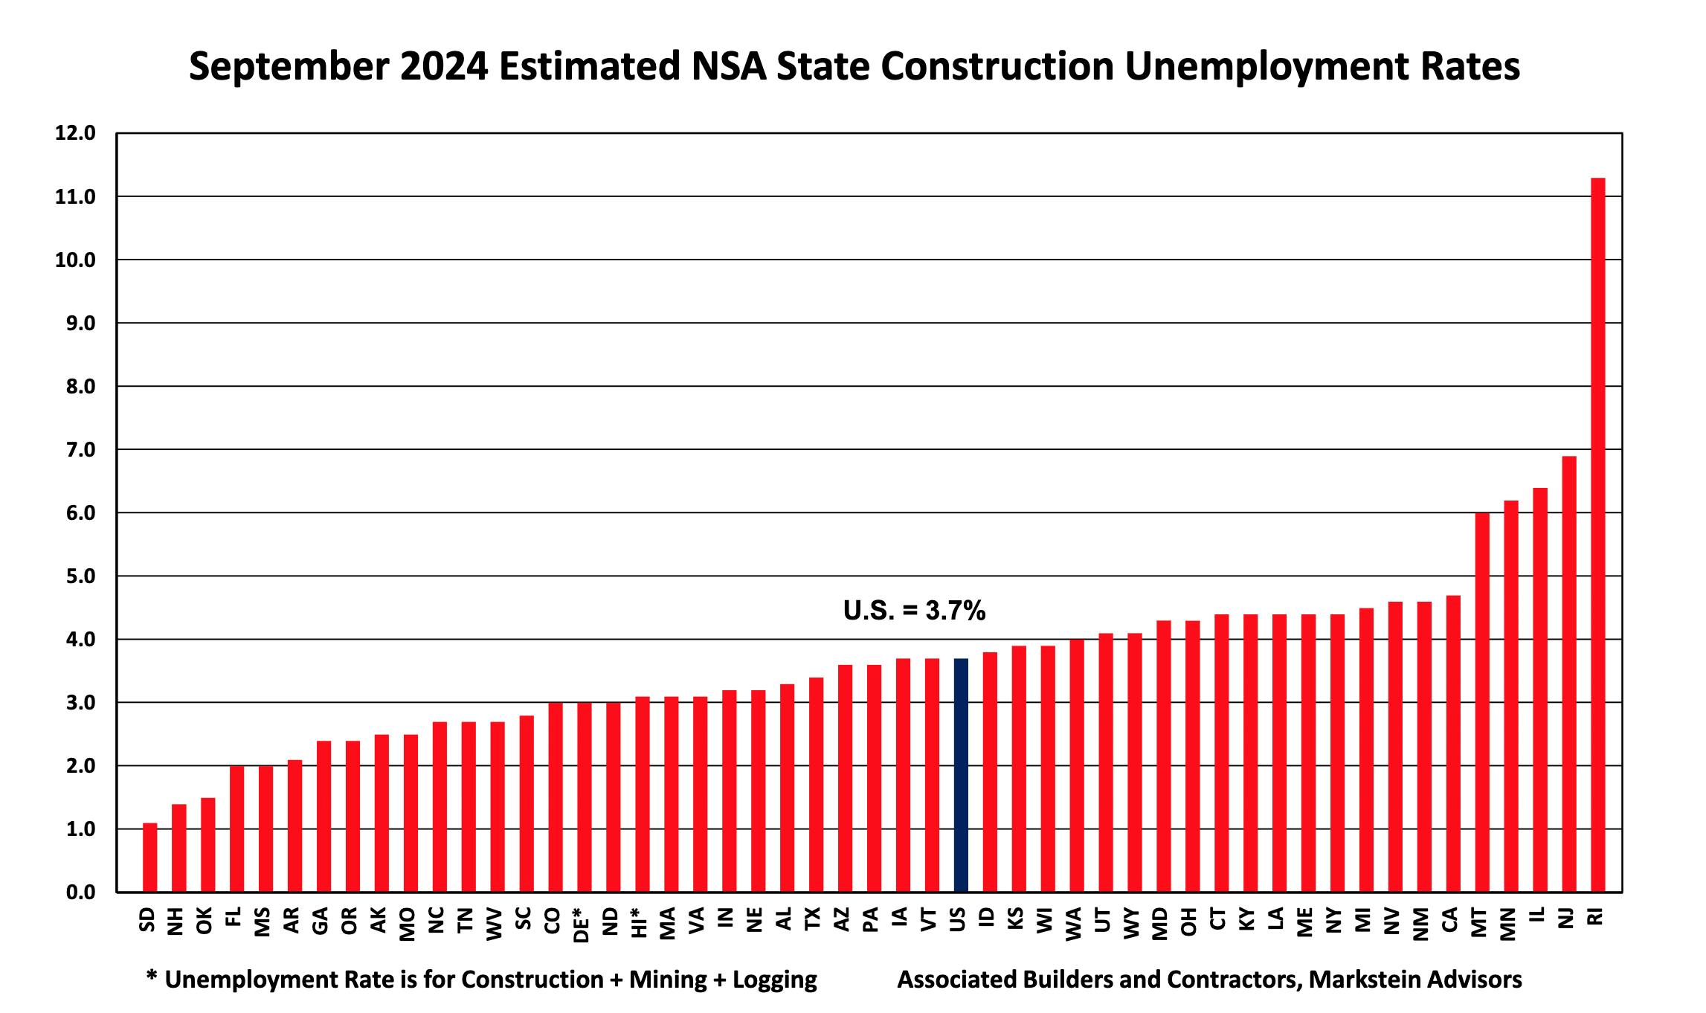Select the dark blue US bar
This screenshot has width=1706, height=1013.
coord(961,775)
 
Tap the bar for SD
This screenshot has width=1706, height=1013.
coord(150,857)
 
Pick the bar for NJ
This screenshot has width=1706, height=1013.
coord(1568,674)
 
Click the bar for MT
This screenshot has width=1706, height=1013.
coord(1482,702)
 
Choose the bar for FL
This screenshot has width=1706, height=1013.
coord(237,829)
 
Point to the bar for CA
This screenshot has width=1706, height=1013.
coord(1453,743)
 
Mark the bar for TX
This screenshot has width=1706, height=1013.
coord(816,784)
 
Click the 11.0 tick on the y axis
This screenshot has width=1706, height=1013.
coord(74,197)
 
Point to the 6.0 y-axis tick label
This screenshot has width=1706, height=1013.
coord(74,513)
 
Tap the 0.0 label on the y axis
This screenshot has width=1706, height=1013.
coord(74,893)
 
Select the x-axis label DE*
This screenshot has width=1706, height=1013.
coord(582,924)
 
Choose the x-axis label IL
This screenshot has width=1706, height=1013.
coord(1539,914)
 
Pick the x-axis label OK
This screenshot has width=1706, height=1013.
coord(207,920)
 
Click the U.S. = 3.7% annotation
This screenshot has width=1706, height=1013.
coord(914,611)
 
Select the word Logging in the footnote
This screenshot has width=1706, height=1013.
coord(775,980)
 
